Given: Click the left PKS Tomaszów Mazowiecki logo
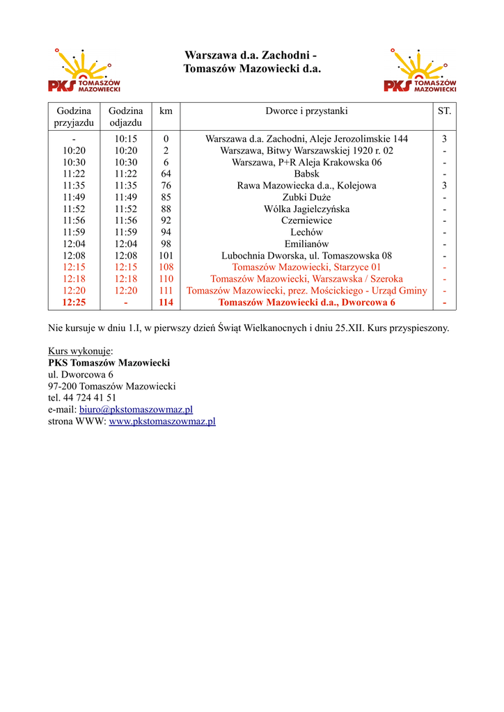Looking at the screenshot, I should [x=84, y=72].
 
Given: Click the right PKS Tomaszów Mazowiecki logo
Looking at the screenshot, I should [x=420, y=72].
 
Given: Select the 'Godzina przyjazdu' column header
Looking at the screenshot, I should [x=74, y=117].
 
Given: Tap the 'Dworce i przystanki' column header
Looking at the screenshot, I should [x=306, y=111].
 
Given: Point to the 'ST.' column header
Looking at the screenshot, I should [x=444, y=111].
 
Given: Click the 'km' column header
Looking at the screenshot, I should [x=166, y=111].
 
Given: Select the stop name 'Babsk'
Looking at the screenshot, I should [x=306, y=174].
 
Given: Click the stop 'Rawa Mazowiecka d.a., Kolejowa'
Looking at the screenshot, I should [x=306, y=186].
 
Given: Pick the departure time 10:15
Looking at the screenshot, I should [x=125, y=139].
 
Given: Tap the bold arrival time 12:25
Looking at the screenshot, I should [x=74, y=302].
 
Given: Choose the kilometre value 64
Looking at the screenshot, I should [x=166, y=174].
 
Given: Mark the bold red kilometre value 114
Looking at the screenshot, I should [x=166, y=302].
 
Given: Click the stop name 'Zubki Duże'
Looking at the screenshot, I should [x=306, y=197].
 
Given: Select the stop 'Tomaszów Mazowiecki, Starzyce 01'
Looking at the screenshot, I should [x=306, y=267].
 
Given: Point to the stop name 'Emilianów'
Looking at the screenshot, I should [x=306, y=244].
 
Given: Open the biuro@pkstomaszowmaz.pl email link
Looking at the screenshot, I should [x=136, y=410].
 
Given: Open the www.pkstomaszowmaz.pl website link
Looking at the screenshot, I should [x=162, y=421].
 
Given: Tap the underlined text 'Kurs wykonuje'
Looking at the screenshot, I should [x=79, y=351].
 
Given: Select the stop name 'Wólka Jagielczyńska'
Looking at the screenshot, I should [x=306, y=209].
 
